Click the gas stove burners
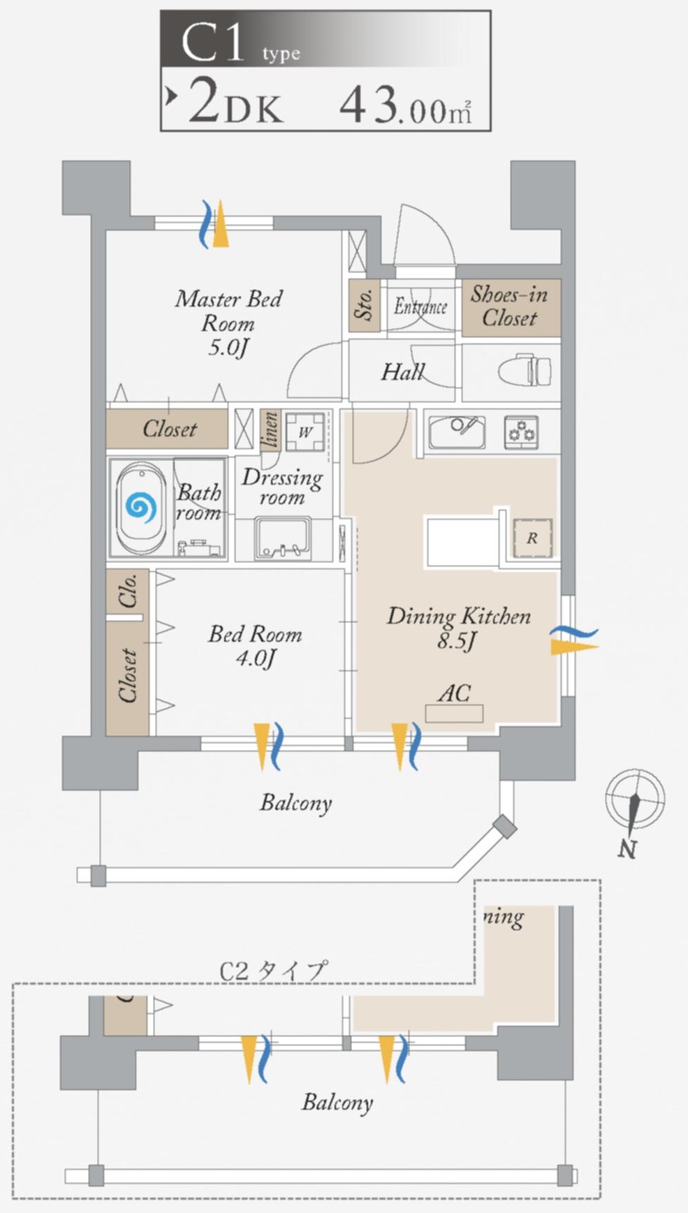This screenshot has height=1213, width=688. click(521, 432)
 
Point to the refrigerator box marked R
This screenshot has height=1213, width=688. click(532, 538)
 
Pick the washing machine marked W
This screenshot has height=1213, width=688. click(305, 432)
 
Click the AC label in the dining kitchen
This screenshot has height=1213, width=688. click(454, 693)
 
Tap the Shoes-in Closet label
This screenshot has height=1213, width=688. click(510, 306)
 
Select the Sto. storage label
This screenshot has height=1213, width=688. click(363, 305)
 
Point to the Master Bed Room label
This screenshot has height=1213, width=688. click(228, 323)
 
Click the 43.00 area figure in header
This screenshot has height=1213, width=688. click(405, 106)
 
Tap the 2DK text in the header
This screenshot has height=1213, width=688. click(235, 105)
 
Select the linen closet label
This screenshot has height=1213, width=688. click(270, 429)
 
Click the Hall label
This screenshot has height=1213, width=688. click(402, 372)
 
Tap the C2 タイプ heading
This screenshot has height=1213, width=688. click(272, 971)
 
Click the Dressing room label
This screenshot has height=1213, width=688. click(282, 487)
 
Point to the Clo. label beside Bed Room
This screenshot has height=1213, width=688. click(127, 590)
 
